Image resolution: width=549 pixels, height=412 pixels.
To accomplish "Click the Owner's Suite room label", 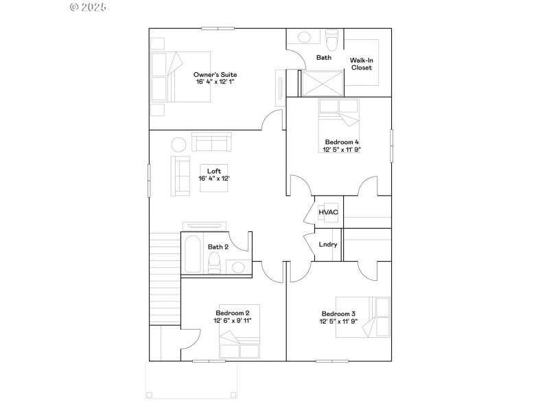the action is (215, 75).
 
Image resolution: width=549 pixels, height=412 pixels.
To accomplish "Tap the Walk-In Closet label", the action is (362, 64).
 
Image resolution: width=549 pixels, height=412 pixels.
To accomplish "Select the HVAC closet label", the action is (329, 212).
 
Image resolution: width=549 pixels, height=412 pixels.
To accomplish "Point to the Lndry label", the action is (328, 244).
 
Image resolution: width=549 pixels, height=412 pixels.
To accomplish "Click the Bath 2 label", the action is (218, 247).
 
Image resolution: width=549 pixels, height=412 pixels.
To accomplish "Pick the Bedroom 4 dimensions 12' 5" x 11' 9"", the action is (342, 150).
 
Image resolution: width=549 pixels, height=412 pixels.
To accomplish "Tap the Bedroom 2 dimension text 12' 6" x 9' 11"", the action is (233, 321).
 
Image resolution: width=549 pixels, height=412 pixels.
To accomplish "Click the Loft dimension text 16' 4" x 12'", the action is (214, 179).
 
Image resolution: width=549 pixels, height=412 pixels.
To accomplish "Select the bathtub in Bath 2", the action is (193, 254).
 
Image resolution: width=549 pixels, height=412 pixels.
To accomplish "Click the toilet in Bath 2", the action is (214, 263).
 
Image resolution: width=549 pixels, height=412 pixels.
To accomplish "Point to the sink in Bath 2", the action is (238, 267).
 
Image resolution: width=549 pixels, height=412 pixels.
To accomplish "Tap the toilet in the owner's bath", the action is (332, 40).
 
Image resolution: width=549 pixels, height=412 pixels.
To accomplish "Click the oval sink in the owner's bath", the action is (304, 37).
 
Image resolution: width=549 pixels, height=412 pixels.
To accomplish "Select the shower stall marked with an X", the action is (323, 84).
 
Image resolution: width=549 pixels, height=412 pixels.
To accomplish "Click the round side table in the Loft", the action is (178, 144).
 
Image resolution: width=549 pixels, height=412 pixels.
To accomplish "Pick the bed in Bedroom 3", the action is (363, 317).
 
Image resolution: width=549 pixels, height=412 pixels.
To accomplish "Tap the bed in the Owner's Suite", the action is (180, 77).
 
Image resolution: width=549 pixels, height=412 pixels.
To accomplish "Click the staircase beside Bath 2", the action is (165, 279).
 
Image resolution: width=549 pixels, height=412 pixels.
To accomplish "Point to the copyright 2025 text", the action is (88, 7).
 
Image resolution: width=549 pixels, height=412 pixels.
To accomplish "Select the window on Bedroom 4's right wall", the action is (391, 146).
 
